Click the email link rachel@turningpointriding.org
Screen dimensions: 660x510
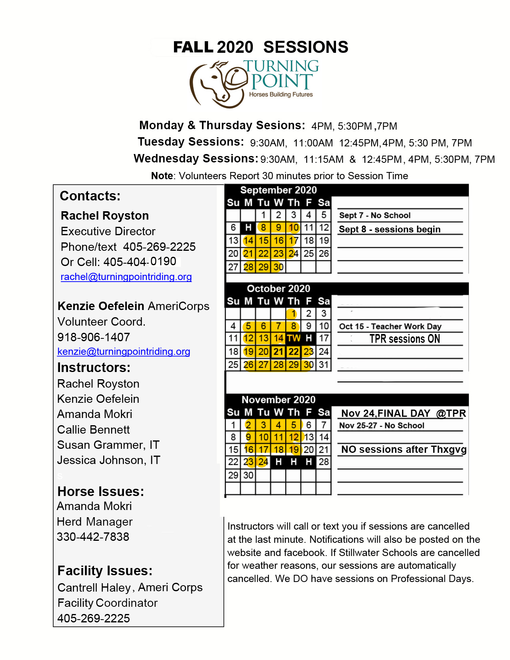[126, 277]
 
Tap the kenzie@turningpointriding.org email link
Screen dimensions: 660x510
[124, 352]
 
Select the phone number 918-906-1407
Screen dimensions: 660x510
[94, 337]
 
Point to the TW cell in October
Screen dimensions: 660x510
[294, 338]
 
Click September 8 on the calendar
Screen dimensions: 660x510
[263, 228]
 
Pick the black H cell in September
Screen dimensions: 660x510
[248, 228]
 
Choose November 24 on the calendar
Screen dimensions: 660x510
[263, 462]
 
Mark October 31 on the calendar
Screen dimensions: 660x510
[324, 365]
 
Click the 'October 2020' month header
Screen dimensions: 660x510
[278, 288]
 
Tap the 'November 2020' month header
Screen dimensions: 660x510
[278, 400]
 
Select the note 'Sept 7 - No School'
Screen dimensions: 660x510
[375, 216]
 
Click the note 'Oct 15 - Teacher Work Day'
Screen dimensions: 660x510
[390, 326]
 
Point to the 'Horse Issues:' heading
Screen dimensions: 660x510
[100, 492]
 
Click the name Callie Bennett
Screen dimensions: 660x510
[94, 430]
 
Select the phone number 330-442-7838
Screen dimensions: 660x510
[93, 537]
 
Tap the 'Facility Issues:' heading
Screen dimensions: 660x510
[105, 571]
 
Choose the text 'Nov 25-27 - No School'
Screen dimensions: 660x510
[382, 426]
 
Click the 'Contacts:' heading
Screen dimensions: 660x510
[90, 196]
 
